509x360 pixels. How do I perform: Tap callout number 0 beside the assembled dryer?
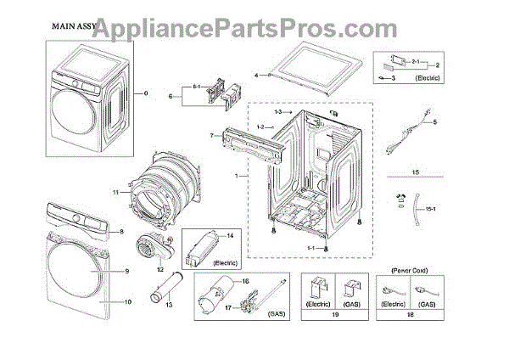(x=145, y=93)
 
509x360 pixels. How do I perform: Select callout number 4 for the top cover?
(x=255, y=76)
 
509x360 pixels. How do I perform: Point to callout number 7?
(x=210, y=136)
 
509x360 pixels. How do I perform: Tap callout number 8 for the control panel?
(x=121, y=232)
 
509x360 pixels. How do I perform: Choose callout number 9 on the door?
(x=126, y=272)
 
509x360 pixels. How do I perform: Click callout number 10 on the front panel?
(x=129, y=301)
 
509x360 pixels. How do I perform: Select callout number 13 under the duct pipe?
(x=168, y=304)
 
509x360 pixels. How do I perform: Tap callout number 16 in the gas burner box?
(x=245, y=281)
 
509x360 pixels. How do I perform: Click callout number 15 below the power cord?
(x=416, y=172)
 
